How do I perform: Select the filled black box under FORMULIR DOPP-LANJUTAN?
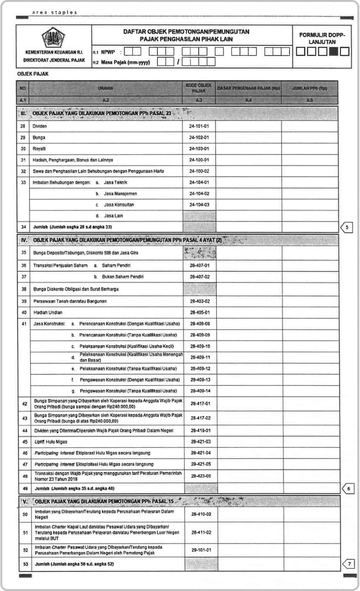tap(333, 51)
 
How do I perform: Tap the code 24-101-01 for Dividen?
tap(199, 126)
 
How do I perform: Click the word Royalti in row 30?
tap(39, 149)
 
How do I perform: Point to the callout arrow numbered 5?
tap(347, 227)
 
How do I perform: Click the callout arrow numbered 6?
tap(348, 489)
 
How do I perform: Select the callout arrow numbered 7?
tap(348, 564)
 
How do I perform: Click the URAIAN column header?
tap(105, 88)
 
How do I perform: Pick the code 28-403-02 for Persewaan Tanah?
tap(200, 301)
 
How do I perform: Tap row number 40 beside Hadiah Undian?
tap(24, 312)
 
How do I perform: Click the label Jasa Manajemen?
tap(120, 194)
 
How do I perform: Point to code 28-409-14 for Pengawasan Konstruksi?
tap(200, 391)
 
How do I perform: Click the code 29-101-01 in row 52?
tap(201, 550)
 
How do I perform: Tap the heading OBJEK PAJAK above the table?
tap(33, 74)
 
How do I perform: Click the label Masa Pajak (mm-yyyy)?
tap(125, 62)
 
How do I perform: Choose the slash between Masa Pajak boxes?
tap(178, 62)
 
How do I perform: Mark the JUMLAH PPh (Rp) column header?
tap(310, 88)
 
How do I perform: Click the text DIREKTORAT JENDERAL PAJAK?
tap(54, 60)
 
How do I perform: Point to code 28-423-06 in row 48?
tap(201, 476)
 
